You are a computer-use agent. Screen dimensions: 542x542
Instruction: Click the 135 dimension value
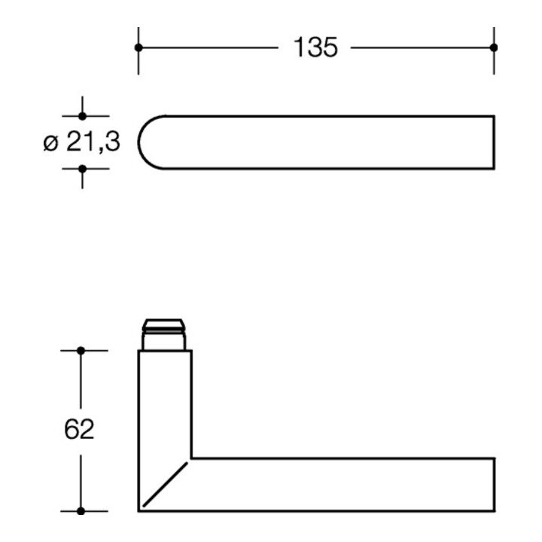pos(315,47)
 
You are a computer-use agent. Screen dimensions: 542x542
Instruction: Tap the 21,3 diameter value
pos(93,142)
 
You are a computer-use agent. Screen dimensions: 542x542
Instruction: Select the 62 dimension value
pos(79,429)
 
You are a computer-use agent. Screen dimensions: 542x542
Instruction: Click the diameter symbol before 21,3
pos(51,144)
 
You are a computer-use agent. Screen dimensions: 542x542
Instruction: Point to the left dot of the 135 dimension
pos(139,47)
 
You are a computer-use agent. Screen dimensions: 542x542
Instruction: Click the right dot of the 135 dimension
pos(494,47)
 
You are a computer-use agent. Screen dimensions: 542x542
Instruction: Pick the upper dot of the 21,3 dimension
pos(82,116)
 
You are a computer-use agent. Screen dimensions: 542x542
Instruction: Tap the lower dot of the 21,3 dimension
pos(82,169)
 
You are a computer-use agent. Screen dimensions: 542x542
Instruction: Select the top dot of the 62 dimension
pos(81,351)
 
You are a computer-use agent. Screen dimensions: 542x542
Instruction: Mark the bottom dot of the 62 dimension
pos(81,511)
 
